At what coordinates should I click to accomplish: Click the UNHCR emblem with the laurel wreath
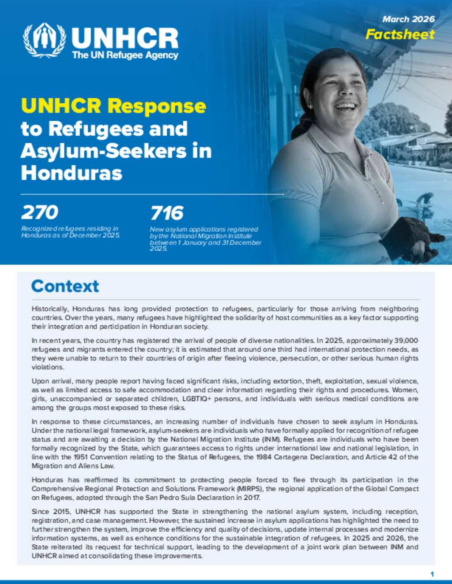pos(45,41)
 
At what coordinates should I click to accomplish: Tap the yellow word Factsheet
pos(400,34)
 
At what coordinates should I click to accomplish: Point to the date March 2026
pos(408,19)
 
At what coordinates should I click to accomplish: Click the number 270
pos(40,212)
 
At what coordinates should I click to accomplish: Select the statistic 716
pos(166,213)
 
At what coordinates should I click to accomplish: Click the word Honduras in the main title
pos(71,173)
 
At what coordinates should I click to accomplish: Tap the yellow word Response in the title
pos(157,106)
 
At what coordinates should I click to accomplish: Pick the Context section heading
pos(65,286)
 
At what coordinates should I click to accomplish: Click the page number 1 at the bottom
pos(432,574)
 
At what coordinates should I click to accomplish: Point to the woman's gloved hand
pos(404,238)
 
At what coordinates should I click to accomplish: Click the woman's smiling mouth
pos(346,107)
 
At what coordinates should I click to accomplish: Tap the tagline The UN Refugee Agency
pos(125,56)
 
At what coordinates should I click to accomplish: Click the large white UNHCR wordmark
pos(125,38)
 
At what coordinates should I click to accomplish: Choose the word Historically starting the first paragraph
pos(50,309)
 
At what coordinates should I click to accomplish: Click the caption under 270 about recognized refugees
pos(70,232)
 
